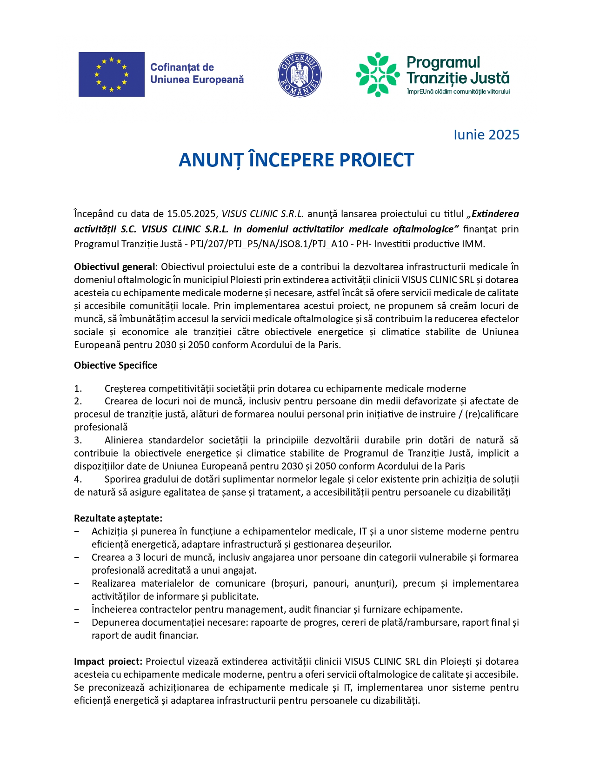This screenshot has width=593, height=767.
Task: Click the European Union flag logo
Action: (111, 74)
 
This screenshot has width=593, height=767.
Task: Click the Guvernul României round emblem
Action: (300, 74)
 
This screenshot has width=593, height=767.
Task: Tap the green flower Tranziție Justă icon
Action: (378, 74)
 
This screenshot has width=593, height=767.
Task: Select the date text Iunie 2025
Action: (486, 135)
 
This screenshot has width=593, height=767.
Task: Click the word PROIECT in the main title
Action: (376, 160)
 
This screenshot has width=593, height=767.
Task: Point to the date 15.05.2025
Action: (192, 214)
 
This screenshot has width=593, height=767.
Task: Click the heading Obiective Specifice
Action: (115, 365)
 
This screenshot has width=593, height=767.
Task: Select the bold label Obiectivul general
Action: (114, 267)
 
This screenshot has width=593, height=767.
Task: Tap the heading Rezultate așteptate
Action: (118, 518)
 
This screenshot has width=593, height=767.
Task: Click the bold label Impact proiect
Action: (108, 661)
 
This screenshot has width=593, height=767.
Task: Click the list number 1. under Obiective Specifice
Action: (78, 389)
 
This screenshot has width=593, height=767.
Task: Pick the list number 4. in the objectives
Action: (78, 479)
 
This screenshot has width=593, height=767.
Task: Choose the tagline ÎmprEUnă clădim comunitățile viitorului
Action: (458, 92)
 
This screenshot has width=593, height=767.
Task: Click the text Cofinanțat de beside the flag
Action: (182, 67)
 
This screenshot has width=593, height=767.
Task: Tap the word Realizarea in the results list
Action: (113, 583)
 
